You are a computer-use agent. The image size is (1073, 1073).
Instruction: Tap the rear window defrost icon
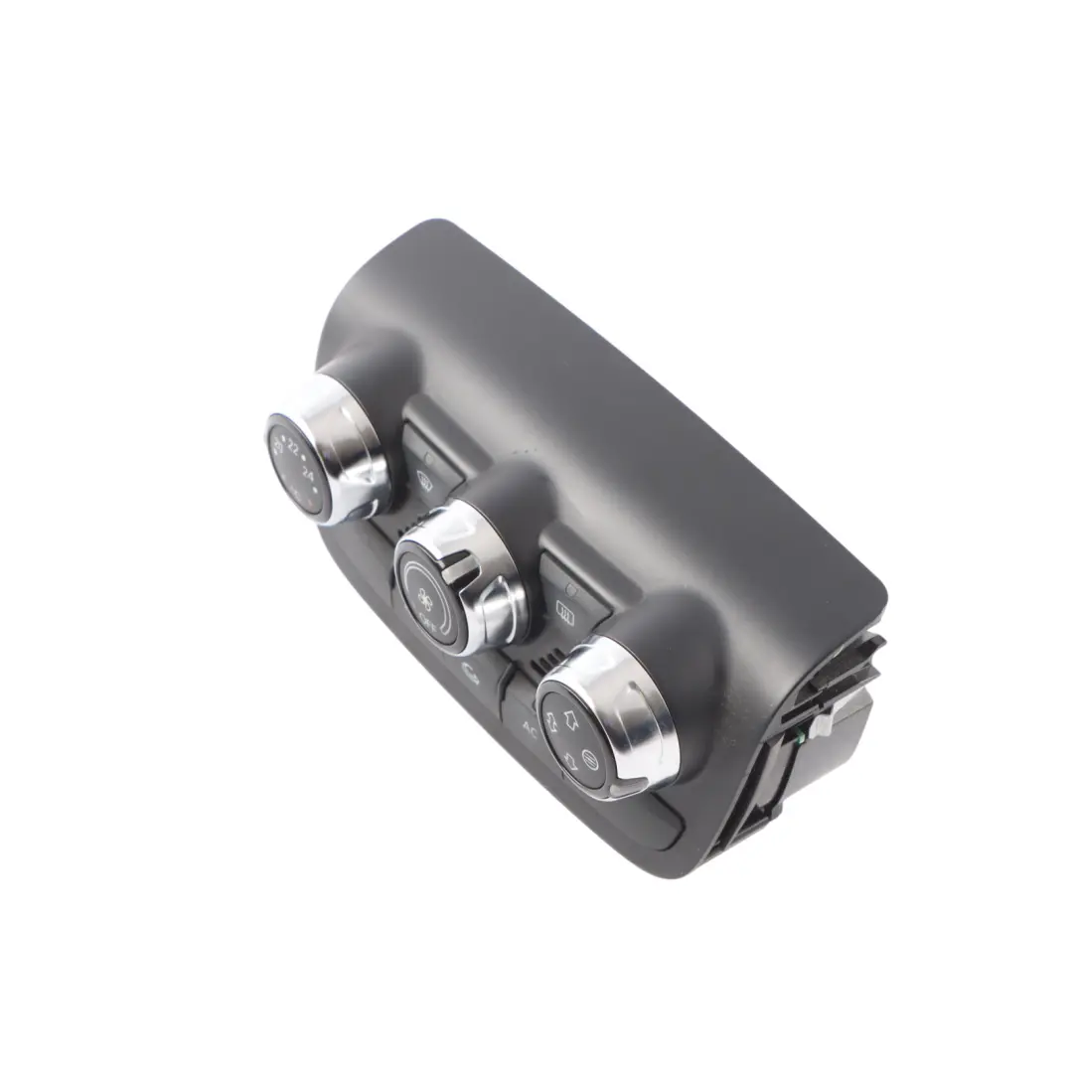[x=567, y=614]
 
